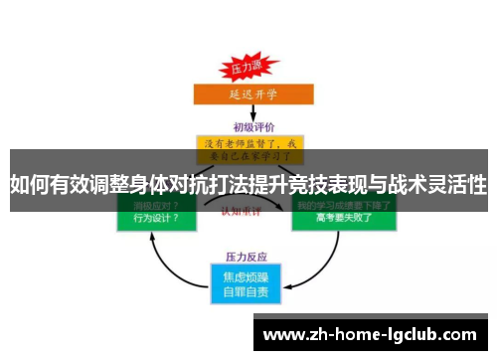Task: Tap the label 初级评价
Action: click(249, 127)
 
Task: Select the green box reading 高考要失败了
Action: click(338, 216)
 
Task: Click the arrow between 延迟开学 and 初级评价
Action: click(248, 113)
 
